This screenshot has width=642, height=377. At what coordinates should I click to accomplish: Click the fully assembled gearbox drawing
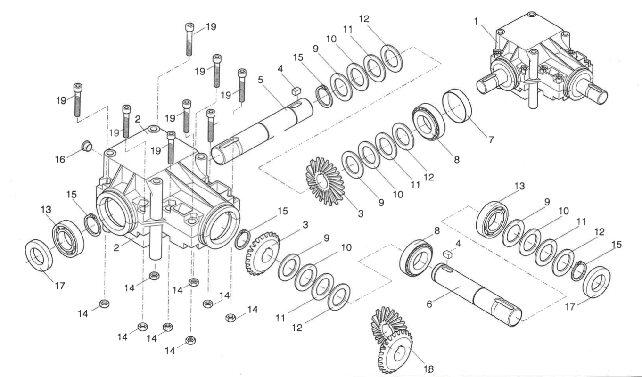click(542, 61)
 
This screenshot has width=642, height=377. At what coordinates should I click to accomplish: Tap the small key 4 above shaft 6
click(448, 255)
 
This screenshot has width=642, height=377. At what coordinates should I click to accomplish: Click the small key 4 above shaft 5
click(296, 88)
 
